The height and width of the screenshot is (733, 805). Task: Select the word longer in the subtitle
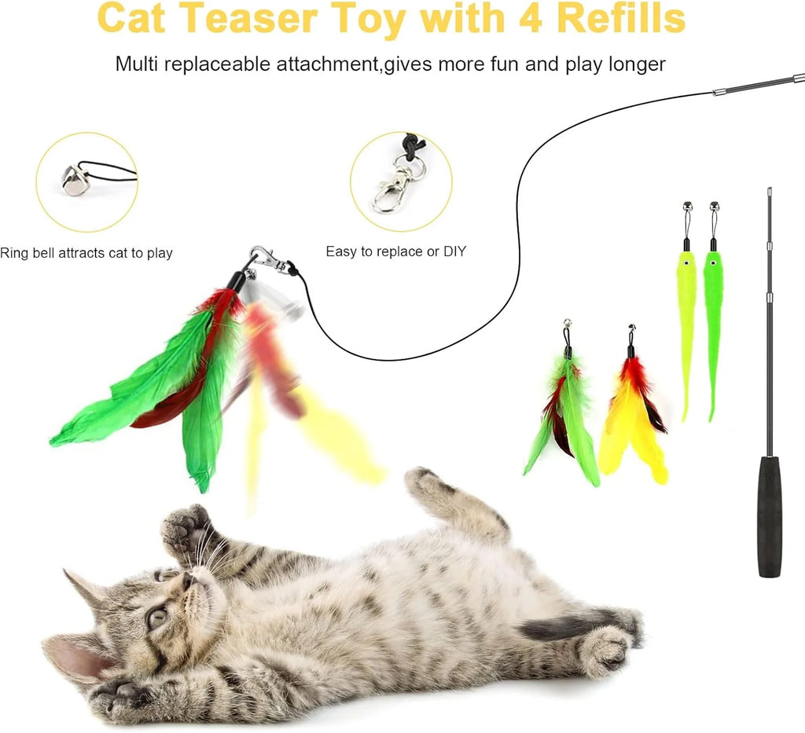click(x=636, y=64)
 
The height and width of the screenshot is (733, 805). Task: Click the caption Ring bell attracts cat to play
click(x=86, y=253)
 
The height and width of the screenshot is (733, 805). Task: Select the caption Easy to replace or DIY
click(x=395, y=251)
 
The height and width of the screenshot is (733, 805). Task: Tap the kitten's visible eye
click(x=157, y=618)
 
